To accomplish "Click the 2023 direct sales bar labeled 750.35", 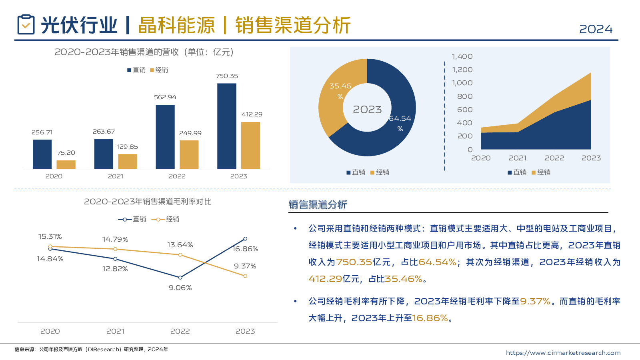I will click(227, 126).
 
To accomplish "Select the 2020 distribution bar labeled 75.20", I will click(66, 164).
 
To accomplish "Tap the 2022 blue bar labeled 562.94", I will click(165, 137).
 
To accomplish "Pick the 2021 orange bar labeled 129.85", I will click(128, 161).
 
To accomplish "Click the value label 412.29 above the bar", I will click(252, 114).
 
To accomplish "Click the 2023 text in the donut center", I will click(367, 110).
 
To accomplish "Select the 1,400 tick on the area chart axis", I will click(462, 57).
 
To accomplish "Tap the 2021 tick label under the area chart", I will click(518, 158).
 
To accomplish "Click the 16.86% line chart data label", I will click(246, 249).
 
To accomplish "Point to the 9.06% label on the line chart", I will click(180, 288).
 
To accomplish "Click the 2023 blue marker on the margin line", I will click(245, 239).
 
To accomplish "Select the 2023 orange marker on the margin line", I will click(245, 276).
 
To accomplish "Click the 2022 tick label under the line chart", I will click(180, 331).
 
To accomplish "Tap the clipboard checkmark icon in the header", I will click(26, 25).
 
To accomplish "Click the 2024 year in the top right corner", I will click(596, 29).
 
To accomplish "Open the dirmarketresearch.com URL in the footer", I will click(563, 353).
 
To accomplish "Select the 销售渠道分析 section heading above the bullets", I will click(318, 205).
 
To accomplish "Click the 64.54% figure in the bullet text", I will click(437, 262).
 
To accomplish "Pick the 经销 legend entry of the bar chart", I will click(159, 70).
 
